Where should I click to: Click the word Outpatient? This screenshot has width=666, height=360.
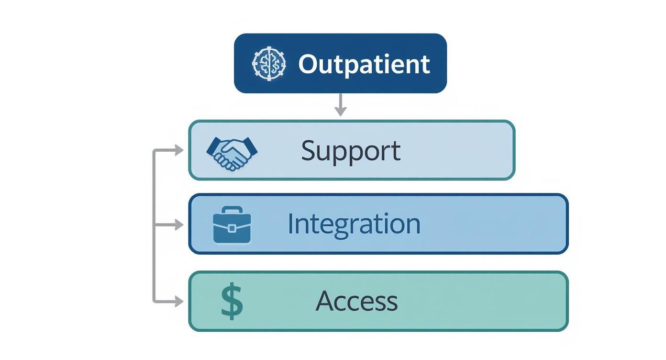(364, 64)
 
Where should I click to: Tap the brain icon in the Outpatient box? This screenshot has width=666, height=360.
(269, 63)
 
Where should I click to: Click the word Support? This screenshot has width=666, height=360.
(351, 151)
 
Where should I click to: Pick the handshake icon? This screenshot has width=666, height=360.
(232, 153)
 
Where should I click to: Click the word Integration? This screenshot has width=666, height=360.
(354, 224)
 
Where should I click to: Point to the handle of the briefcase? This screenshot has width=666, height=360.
(232, 210)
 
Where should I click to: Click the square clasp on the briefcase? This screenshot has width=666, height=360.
(232, 228)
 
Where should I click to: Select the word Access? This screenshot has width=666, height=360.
(356, 301)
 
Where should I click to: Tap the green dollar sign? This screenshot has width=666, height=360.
(232, 301)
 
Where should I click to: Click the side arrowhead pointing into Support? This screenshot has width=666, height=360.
(179, 150)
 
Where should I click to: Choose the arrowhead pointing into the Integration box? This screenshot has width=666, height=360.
(179, 225)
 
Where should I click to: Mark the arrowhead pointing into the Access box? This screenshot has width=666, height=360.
(179, 301)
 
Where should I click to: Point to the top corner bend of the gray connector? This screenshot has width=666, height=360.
(155, 151)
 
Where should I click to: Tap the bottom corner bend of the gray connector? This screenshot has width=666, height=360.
(155, 301)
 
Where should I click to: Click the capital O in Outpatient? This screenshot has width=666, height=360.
(309, 64)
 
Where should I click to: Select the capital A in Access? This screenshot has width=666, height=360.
(325, 301)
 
